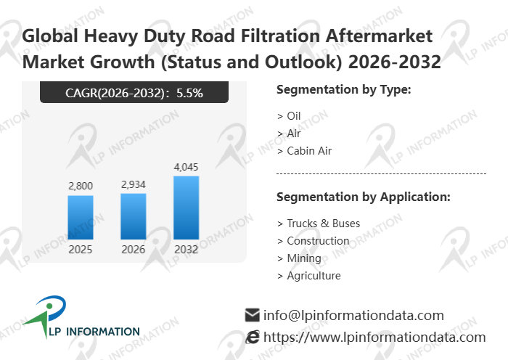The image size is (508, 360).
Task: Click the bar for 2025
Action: [x=81, y=217]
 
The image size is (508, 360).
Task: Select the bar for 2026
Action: [x=134, y=216]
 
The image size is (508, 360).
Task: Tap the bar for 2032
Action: [x=186, y=208]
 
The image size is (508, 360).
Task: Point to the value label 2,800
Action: [x=81, y=187]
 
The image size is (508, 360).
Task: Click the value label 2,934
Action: [x=134, y=185]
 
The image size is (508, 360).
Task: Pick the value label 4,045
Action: [x=186, y=167]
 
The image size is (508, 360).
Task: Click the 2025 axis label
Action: [x=81, y=249]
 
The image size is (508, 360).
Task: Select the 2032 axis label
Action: [x=186, y=249]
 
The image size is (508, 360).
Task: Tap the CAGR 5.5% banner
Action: [x=134, y=92]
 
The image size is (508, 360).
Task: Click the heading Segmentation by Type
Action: [x=344, y=90]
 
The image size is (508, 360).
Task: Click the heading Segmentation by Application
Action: [x=364, y=197]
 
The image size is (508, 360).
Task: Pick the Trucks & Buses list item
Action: [x=319, y=224]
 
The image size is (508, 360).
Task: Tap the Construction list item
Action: [x=314, y=241]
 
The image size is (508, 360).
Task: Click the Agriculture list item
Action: [x=309, y=276]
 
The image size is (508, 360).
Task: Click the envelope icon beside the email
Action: [x=253, y=315]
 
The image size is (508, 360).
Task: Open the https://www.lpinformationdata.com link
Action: [x=374, y=337]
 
